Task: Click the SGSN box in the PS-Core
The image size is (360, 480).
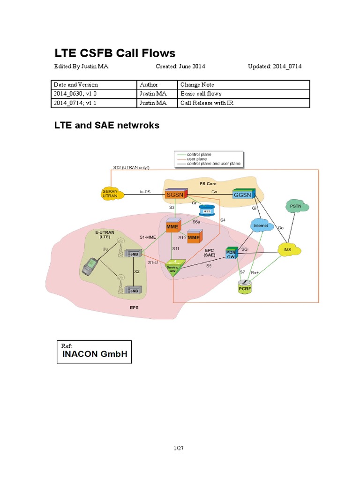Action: click(x=176, y=193)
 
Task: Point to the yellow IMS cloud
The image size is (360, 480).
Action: click(x=287, y=250)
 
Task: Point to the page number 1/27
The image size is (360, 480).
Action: click(x=179, y=449)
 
